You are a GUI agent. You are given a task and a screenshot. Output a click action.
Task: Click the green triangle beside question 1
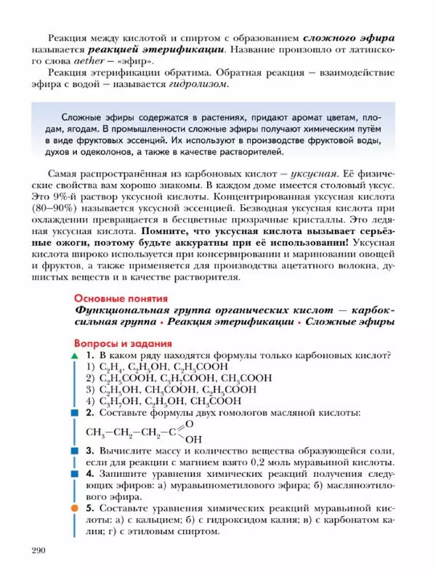point(74,356)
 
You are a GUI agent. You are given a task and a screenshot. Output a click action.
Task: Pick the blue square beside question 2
point(74,413)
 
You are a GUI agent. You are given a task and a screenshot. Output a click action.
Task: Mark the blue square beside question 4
point(74,473)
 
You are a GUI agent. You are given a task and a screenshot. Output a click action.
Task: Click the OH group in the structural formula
point(194,440)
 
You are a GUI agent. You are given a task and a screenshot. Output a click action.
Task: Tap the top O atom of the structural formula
point(190,422)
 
